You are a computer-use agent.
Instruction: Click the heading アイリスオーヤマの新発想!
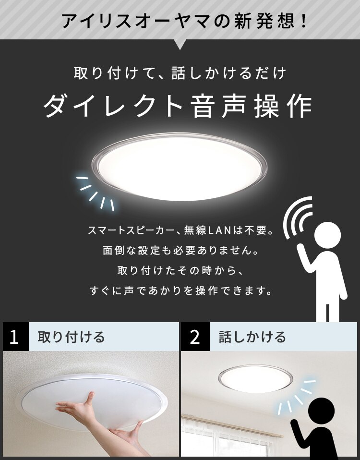coord(185,21)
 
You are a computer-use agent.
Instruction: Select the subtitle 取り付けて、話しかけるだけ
coord(180,73)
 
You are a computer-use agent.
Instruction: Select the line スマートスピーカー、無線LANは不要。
coord(180,231)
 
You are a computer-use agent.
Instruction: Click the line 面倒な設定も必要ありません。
coord(180,251)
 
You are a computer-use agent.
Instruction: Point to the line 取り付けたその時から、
coord(180,270)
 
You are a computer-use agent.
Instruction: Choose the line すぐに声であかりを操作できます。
coord(180,291)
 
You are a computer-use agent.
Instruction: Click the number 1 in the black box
coord(14,337)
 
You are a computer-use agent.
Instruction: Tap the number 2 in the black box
coord(195,337)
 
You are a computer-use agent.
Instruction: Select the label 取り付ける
coord(71,337)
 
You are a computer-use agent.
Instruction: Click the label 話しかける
coord(252,337)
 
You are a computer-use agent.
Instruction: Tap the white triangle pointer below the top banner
coord(180,45)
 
